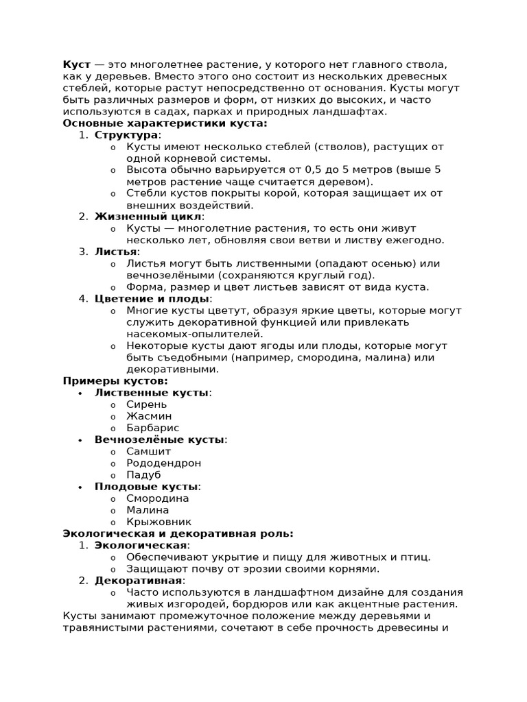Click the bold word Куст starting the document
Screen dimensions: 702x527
76,64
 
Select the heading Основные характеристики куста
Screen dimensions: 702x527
165,123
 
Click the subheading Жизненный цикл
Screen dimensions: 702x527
149,217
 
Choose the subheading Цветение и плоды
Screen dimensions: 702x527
152,299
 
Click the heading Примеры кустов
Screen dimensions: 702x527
115,381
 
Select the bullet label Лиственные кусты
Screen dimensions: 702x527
152,393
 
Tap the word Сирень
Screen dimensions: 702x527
146,404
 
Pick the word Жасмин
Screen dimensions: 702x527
149,416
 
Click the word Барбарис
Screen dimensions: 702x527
152,428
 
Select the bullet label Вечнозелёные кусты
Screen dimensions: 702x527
159,439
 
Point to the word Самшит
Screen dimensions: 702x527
148,451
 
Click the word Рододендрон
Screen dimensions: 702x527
163,463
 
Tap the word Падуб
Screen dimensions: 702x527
143,474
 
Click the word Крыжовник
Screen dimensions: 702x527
159,522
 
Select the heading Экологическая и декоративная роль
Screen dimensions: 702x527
178,533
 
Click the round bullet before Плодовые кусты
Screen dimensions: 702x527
80,487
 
